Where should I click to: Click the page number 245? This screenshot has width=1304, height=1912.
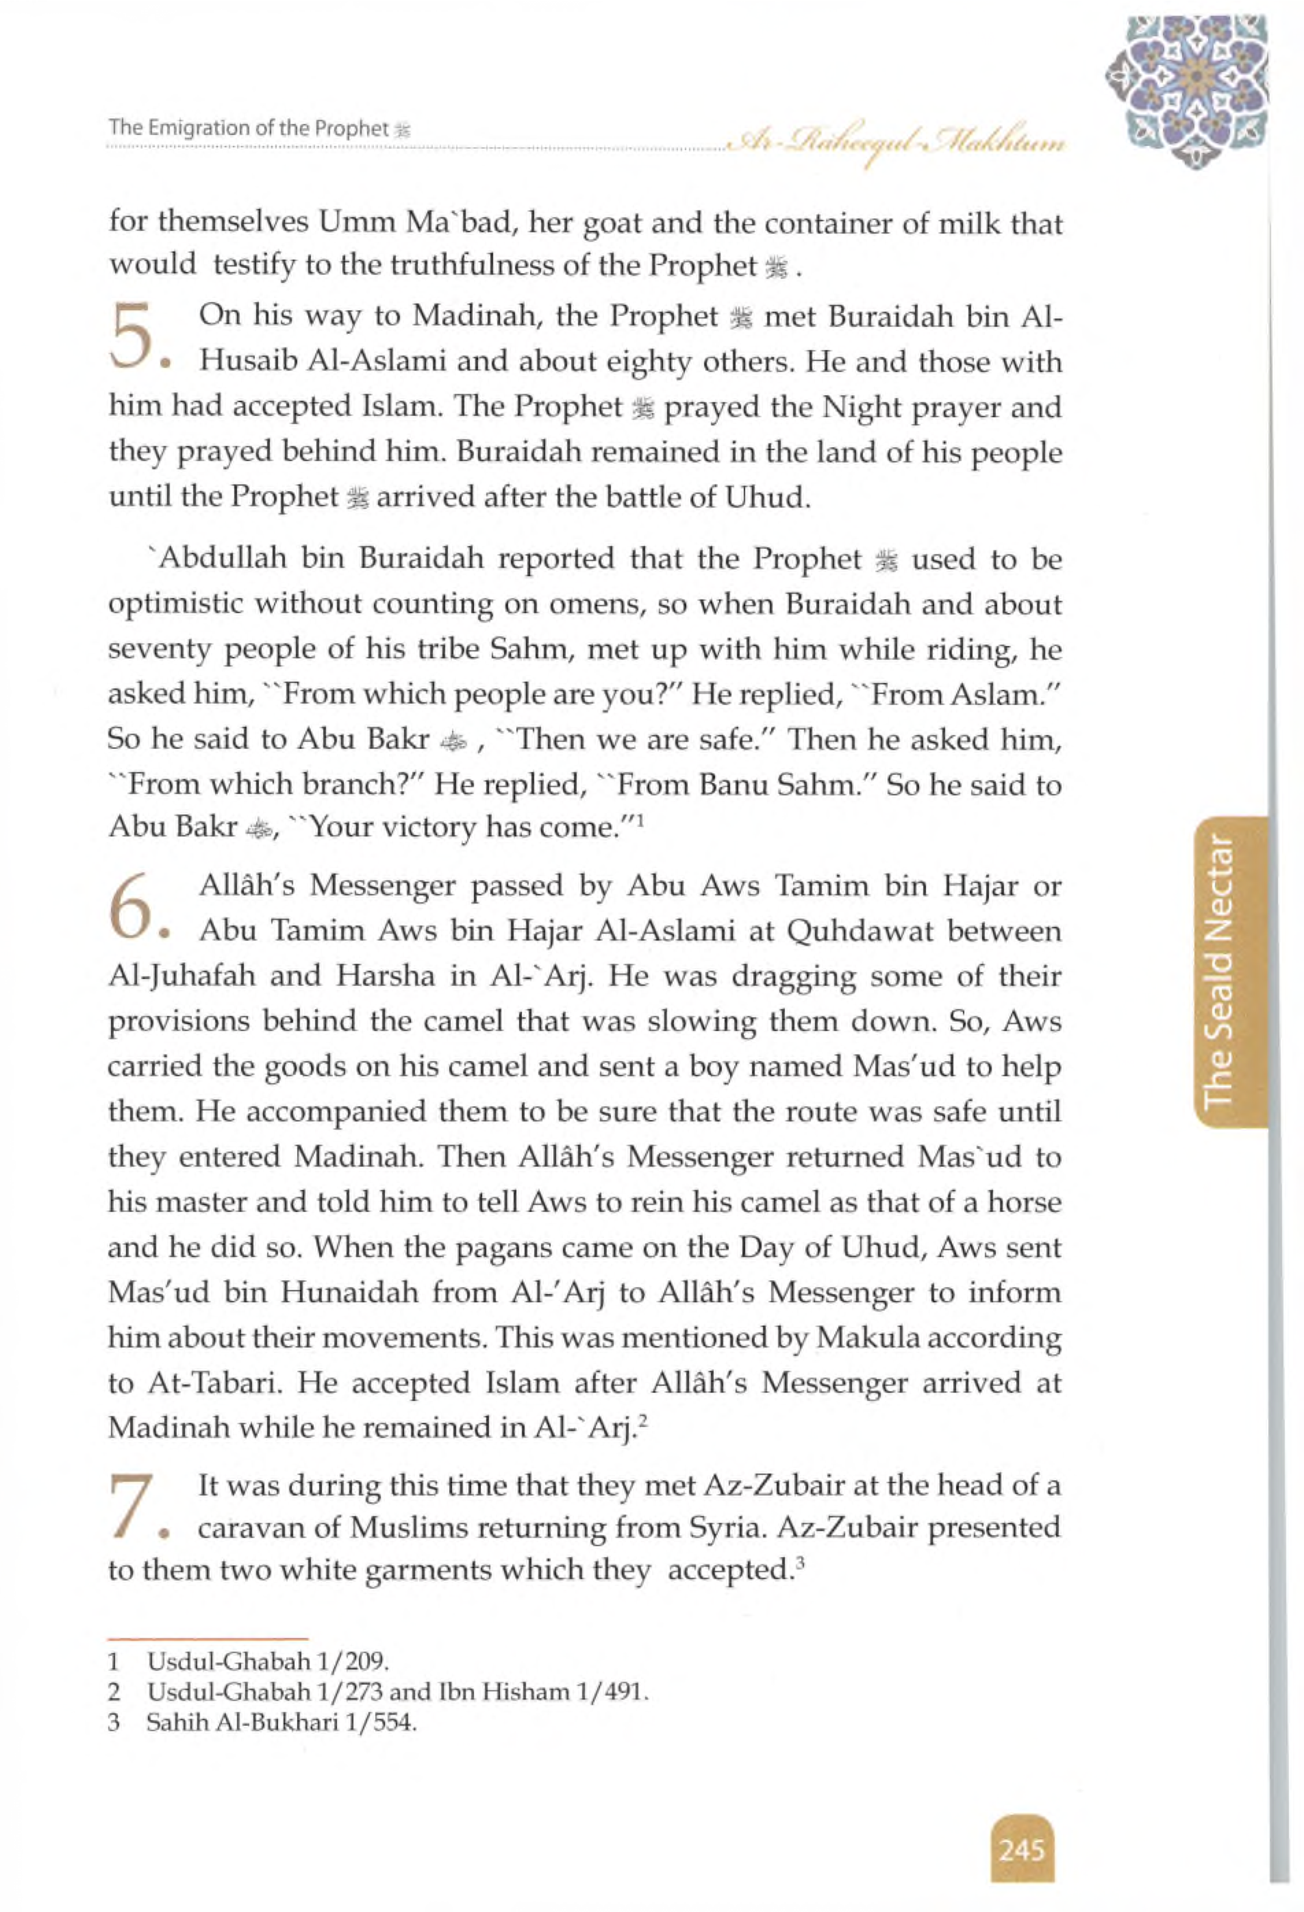(x=1021, y=1850)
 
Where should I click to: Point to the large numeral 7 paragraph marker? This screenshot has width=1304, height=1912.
(x=131, y=1506)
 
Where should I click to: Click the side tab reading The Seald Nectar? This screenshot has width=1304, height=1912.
(x=1229, y=971)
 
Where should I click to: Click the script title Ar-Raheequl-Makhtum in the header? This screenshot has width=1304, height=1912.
(x=896, y=146)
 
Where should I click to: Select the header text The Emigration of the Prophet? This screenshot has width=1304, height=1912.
(x=249, y=128)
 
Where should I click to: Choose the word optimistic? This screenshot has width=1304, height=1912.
(x=175, y=605)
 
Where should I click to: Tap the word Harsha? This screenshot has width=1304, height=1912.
(x=385, y=977)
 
